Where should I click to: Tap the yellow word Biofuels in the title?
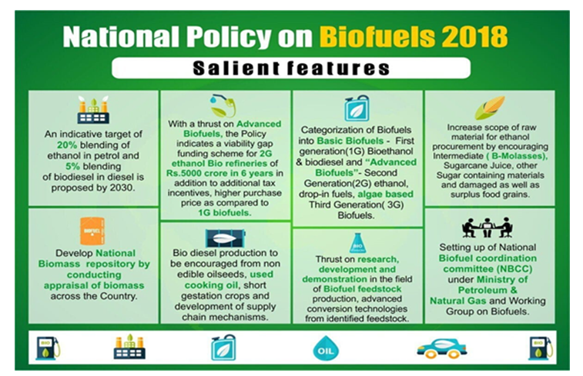tap(377, 36)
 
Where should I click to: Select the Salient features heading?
tap(291, 68)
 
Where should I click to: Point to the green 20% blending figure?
tap(67, 145)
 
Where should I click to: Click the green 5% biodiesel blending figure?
tap(72, 166)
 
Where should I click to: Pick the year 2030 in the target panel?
tap(121, 188)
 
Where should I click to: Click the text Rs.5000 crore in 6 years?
tap(219, 173)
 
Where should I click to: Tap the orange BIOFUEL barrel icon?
tap(92, 231)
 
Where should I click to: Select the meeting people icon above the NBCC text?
tap(487, 227)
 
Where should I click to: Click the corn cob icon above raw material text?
tap(490, 108)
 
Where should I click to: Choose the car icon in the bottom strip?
tap(442, 348)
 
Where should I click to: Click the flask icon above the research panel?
tap(357, 243)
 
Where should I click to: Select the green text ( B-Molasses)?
tap(517, 156)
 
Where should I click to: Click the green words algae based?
tap(385, 194)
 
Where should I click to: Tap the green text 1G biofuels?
tap(225, 213)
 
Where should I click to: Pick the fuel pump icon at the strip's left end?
tap(48, 348)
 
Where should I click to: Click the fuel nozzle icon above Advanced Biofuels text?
tap(223, 105)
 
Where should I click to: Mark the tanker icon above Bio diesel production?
tap(226, 238)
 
